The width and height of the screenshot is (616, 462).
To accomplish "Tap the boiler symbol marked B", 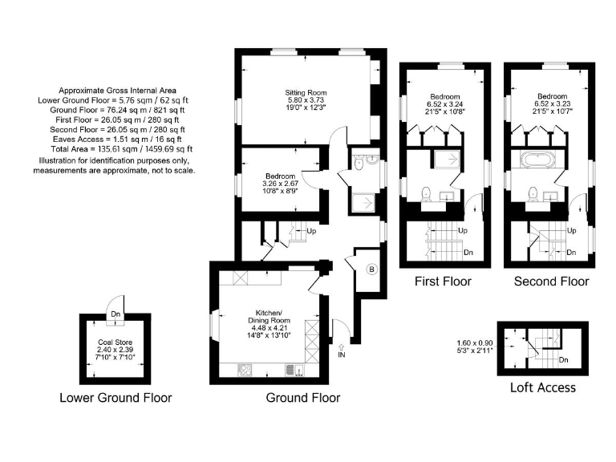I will point(371,269).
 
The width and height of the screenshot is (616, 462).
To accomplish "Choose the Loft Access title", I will point(543,387).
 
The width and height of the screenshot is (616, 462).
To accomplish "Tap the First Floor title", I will point(443,282).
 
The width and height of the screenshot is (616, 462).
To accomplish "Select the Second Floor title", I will point(551,282).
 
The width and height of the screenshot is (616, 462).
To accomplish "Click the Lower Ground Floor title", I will point(115,397).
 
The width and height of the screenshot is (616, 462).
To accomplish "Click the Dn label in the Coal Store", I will point(116,315).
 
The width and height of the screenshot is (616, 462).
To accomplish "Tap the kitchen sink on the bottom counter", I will point(291,370).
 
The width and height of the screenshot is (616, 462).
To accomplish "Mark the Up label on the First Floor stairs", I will point(464,231).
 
